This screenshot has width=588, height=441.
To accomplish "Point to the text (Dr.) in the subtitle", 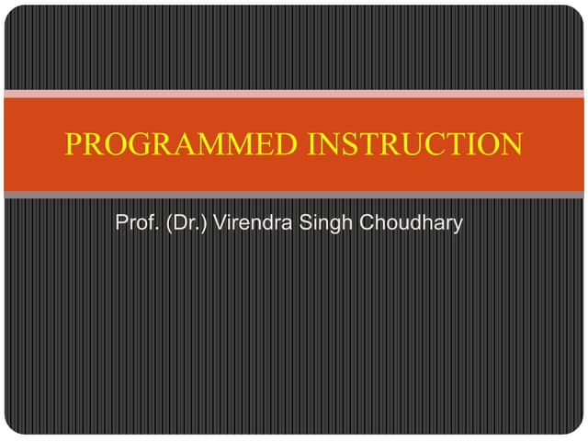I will coord(186,223).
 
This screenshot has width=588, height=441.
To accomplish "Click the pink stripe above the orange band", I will coord(294,93).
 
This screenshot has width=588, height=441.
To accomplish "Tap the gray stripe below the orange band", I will coord(294,195).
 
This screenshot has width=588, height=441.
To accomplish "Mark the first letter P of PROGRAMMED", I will coord(73,144).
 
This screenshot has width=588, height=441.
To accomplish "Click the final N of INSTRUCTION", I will coord(512,144).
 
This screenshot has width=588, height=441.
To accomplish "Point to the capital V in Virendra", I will coord(220,223).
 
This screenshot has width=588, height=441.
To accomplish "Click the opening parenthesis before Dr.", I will coord(167,223).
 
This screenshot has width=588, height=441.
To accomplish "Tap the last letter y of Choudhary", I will coord(457,226).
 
